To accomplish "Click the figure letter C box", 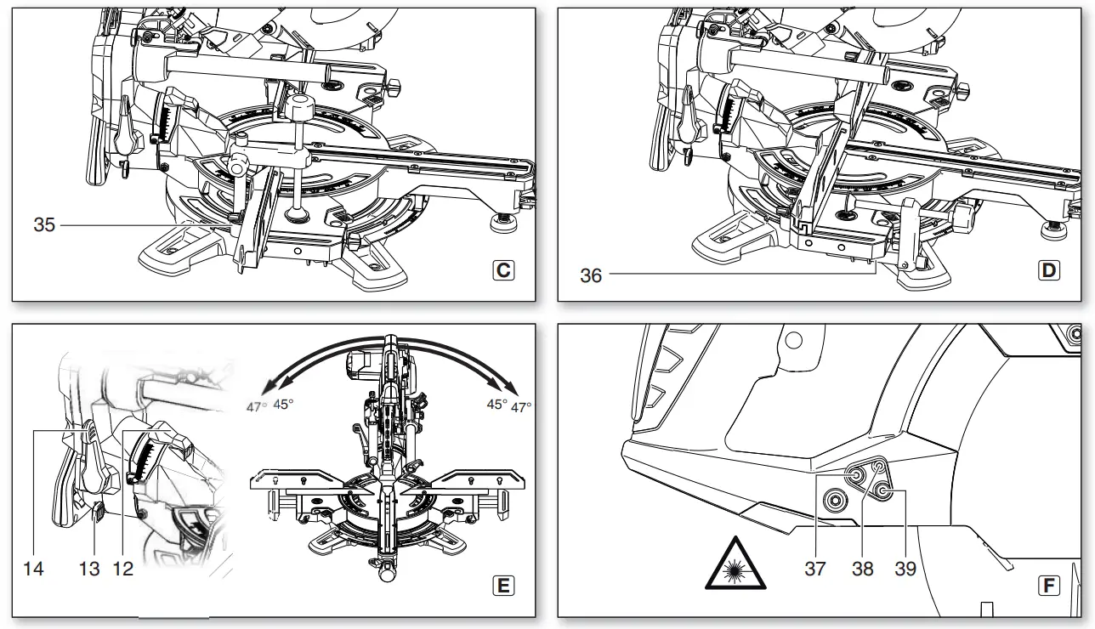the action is tap(503, 271).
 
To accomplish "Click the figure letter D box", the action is tap(1049, 271).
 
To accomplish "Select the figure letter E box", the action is tap(503, 586).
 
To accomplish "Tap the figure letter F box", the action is tap(1049, 586).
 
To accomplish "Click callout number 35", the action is tap(44, 225).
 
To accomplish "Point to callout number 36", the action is tap(591, 275).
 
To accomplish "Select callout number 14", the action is tap(33, 569).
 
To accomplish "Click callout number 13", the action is tap(89, 569).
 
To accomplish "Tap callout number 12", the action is tap(123, 569).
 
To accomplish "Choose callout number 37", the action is tap(814, 569).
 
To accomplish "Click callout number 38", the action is tap(862, 569).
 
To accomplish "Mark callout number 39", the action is tap(906, 569).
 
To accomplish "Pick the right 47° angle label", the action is tap(520, 407).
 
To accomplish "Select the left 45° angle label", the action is tap(283, 405).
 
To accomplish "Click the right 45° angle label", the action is tap(496, 405).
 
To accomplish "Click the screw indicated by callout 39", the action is tap(885, 491).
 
